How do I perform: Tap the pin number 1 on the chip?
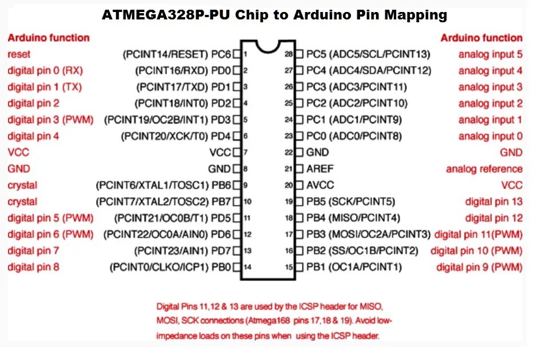click(245, 55)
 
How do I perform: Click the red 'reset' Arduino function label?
click(19, 54)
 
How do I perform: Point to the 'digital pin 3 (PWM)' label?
click(50, 120)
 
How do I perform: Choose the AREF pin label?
click(320, 169)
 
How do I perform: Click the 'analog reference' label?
click(484, 169)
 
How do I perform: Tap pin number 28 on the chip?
click(289, 55)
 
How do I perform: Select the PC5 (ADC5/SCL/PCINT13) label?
click(368, 55)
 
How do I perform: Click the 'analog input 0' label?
click(490, 137)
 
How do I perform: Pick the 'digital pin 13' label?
click(494, 202)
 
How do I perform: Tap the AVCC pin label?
click(320, 186)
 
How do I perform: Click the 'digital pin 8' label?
click(33, 267)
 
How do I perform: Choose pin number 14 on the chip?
click(247, 267)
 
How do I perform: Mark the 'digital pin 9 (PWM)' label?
click(479, 267)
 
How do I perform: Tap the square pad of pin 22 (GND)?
click(299, 153)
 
